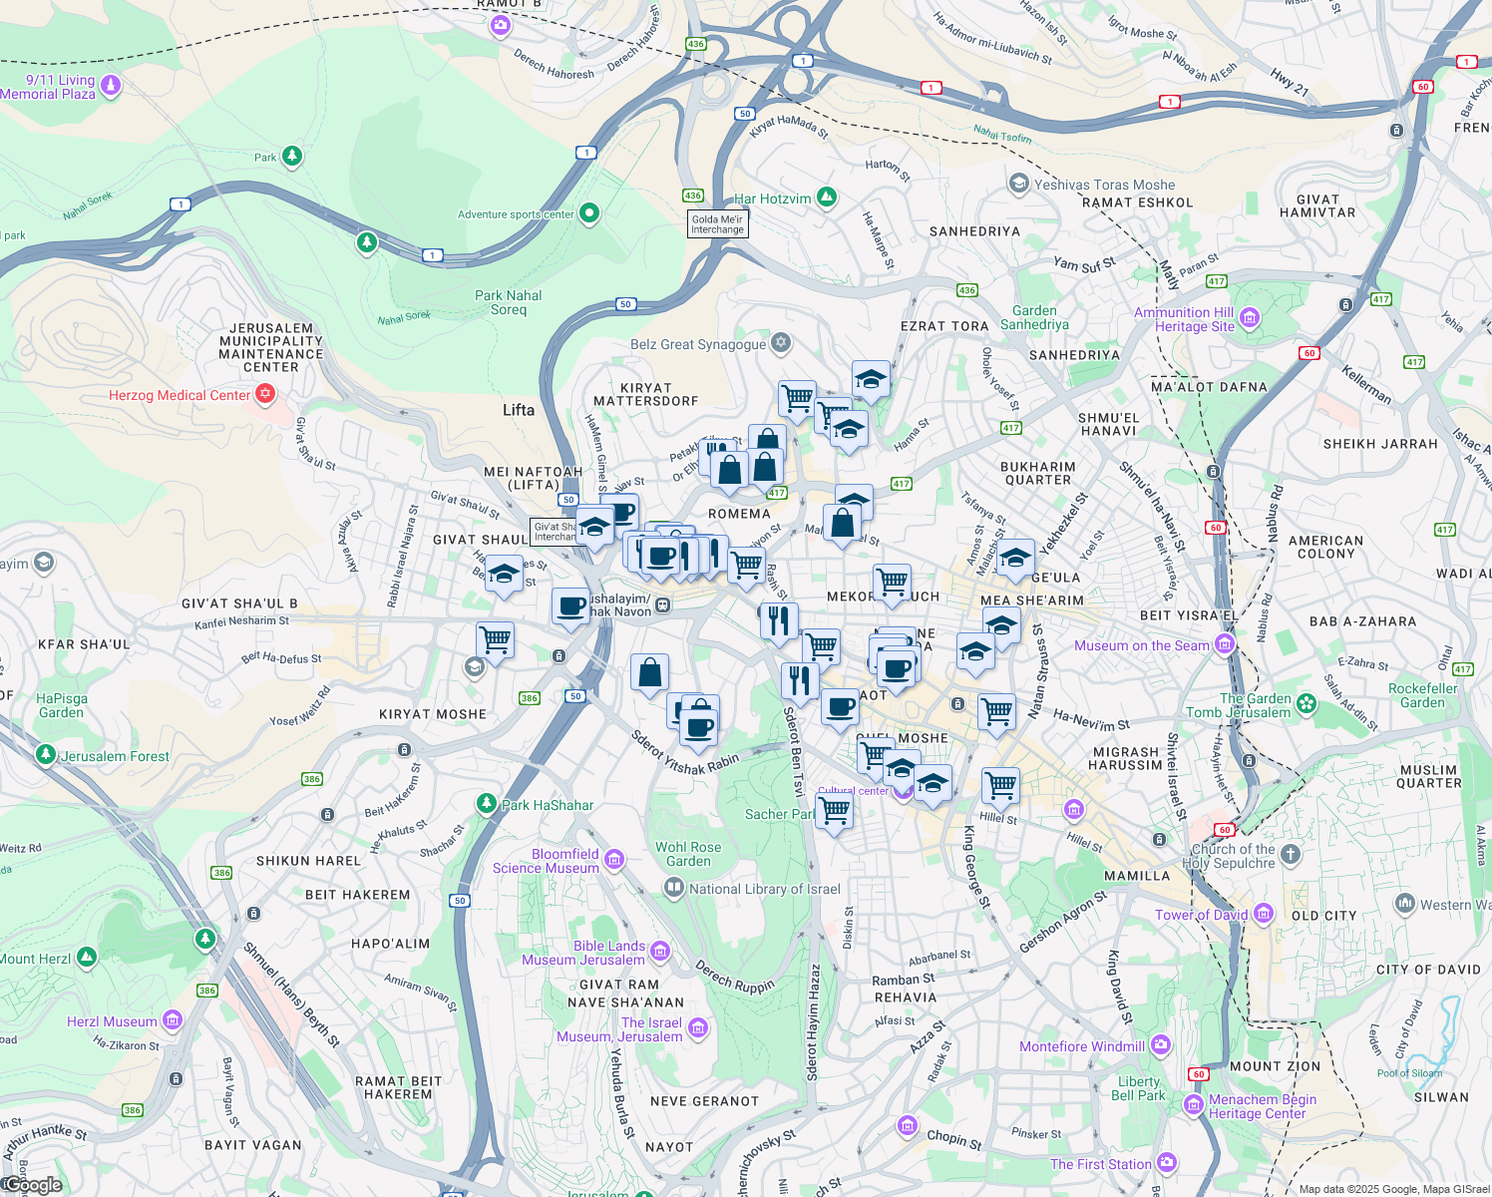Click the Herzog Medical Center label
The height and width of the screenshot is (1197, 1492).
point(180,395)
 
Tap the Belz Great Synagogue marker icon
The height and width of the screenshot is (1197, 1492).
point(781,343)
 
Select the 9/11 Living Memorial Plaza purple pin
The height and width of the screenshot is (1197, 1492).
point(111,86)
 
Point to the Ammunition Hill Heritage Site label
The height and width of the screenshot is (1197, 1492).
point(1184,319)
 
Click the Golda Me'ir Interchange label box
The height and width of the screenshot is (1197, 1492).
point(717,224)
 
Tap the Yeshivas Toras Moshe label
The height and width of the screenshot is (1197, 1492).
point(1104,185)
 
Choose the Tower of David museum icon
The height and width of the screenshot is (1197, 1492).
point(1264,914)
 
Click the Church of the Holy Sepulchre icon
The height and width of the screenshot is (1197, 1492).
point(1291,854)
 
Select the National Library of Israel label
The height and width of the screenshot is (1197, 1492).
point(764,889)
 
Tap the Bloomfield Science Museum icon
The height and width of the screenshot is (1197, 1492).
point(614,860)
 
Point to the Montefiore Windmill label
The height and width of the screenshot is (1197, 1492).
point(1082,1046)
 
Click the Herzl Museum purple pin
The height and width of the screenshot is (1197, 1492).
point(173,1019)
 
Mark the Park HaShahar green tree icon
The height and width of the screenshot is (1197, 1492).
point(486,803)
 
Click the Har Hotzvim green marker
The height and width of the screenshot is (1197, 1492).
point(826,198)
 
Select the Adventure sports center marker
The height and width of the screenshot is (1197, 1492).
point(589,212)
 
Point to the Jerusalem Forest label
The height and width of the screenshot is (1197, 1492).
point(115,756)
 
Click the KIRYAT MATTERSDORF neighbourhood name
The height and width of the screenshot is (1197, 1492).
point(645,394)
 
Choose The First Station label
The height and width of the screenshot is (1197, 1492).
point(1100,1164)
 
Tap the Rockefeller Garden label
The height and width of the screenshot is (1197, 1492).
point(1422,695)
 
